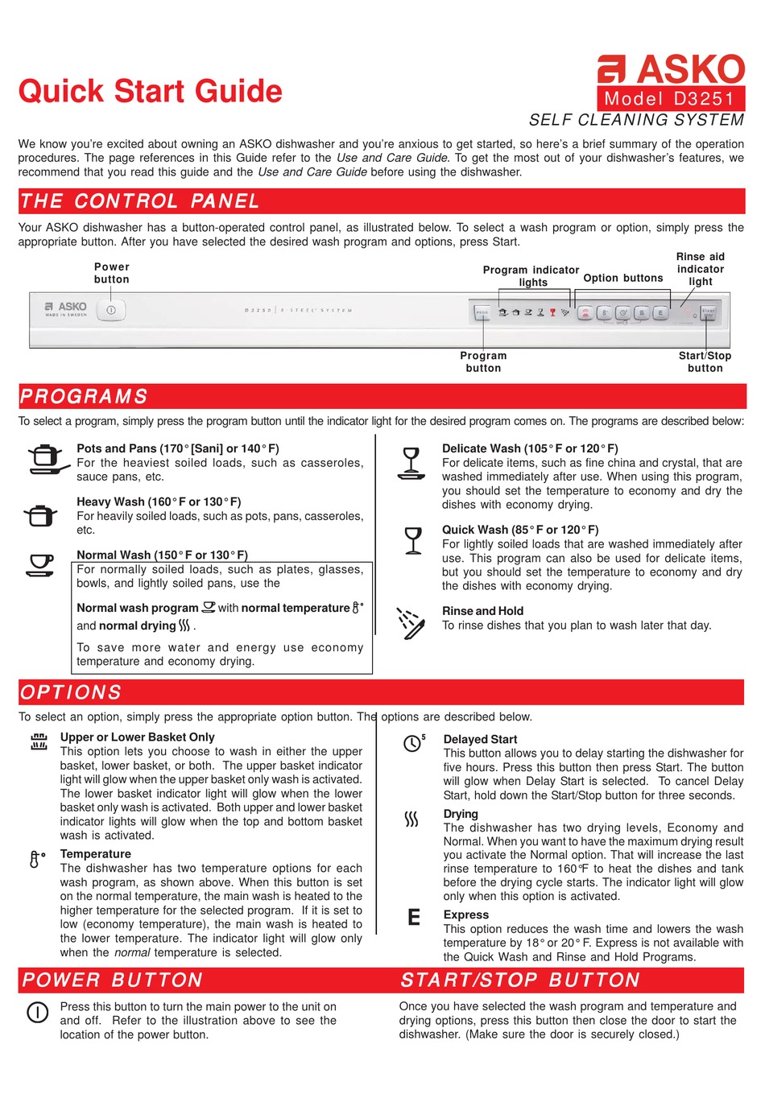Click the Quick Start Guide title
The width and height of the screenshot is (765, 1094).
[x=151, y=91]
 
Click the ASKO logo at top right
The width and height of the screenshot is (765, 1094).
[x=671, y=69]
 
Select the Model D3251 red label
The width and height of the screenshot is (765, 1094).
[x=670, y=99]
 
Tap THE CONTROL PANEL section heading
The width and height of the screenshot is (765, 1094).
[x=139, y=201]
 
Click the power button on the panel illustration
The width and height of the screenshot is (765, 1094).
[x=111, y=310]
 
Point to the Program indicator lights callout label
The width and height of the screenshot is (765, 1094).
[x=531, y=275]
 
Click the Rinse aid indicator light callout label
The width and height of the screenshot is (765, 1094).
[x=700, y=269]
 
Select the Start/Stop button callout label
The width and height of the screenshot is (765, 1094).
[x=705, y=361]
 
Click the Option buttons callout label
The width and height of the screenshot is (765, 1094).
[x=623, y=278]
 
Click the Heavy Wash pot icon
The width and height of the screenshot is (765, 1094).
[x=40, y=514]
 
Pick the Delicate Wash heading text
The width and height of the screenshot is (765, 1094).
[x=530, y=448]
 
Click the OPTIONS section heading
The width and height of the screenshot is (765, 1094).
[x=71, y=692]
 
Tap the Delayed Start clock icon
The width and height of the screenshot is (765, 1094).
[x=413, y=743]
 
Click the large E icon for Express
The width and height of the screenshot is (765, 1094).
[x=414, y=917]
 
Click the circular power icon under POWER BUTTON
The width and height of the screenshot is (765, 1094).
[x=38, y=1012]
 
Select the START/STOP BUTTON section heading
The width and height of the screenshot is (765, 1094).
[x=520, y=980]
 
